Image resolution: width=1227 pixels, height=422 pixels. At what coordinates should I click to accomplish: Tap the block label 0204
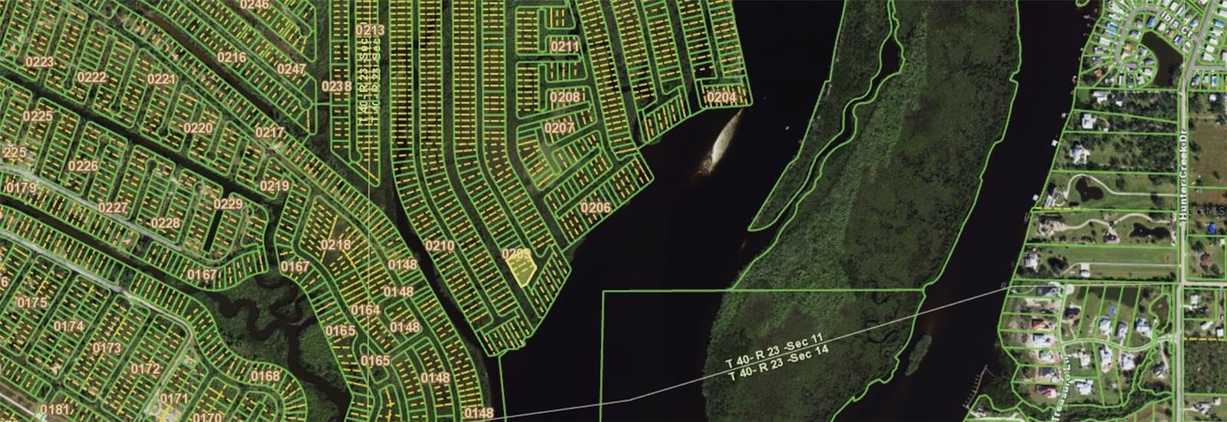coord(721,97)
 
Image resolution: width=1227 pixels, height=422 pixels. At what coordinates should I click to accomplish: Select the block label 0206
coord(595,208)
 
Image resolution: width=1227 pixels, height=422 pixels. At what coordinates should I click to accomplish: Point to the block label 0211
coord(564,47)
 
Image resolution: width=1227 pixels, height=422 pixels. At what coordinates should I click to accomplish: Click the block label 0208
coord(564,97)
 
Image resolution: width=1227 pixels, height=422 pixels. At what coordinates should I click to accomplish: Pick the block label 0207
coord(559,128)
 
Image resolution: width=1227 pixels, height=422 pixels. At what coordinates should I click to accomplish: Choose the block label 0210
coord(439,246)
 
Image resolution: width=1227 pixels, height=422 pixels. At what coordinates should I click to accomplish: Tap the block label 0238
coord(336,87)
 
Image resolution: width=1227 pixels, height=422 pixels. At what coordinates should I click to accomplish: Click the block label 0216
coord(232,57)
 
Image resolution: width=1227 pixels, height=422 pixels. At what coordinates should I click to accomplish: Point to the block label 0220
coord(199,128)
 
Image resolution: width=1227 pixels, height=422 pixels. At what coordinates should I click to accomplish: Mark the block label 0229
coord(228,204)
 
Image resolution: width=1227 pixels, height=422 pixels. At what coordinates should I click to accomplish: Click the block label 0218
coord(335,245)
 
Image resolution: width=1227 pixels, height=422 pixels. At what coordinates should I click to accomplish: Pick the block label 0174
coord(69,326)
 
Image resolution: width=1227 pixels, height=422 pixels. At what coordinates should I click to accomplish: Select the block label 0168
coord(265,376)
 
